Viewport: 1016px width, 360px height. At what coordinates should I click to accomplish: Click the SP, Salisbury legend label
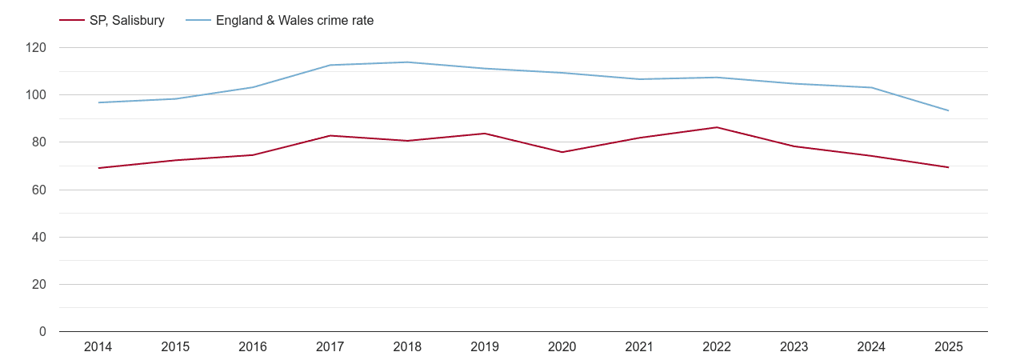coord(126,21)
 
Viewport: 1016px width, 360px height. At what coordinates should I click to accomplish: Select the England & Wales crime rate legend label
coord(294,21)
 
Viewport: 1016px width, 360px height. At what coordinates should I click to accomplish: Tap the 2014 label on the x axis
coord(98,346)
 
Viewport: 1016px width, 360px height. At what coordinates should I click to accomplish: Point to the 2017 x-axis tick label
coord(330,346)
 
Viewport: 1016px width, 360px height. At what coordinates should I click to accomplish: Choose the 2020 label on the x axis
coord(562,346)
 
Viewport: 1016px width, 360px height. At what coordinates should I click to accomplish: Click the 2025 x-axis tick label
coord(948,346)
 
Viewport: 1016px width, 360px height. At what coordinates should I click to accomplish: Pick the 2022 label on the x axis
coord(716,346)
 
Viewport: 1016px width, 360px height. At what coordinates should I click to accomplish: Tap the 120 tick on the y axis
coord(36,48)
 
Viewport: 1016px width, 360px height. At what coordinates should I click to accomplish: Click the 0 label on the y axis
coord(42,332)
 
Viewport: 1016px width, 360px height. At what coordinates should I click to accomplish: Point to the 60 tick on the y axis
coord(39,190)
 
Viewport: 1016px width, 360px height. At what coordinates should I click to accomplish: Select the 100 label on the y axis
coord(36,95)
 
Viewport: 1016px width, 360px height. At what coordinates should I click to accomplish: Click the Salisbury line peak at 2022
coord(716,127)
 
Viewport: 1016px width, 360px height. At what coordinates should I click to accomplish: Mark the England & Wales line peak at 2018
coord(407,62)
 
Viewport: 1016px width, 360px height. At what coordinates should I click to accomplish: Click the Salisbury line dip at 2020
coord(562,152)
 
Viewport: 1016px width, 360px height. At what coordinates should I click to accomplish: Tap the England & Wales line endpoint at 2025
coord(948,110)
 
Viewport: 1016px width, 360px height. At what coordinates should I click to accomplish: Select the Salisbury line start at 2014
coord(98,168)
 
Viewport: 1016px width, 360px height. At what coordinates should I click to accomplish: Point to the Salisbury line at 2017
coord(330,136)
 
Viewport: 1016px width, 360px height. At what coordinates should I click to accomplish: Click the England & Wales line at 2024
coord(870,87)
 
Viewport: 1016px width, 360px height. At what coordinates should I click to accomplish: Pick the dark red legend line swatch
coord(72,21)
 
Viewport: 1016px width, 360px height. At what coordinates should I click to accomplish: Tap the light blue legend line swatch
coord(198,21)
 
